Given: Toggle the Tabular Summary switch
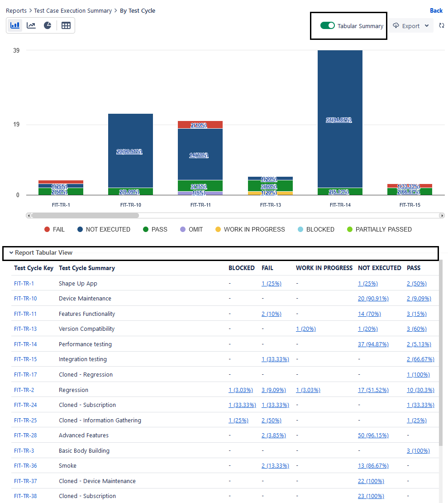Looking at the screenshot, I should click(327, 26).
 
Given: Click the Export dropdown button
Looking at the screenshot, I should click(411, 26).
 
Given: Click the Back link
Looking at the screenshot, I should click(436, 10).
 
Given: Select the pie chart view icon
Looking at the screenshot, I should click(48, 25).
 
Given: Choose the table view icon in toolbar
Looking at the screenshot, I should click(66, 25).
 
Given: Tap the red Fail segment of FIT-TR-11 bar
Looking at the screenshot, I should click(200, 125).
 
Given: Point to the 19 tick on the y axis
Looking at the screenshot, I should click(16, 125).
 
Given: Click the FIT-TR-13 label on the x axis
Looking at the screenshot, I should click(271, 205).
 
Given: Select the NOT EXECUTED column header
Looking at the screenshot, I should click(379, 268).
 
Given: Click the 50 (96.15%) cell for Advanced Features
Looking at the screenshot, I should click(373, 435).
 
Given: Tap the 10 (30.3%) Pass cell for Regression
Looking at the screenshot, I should click(420, 390).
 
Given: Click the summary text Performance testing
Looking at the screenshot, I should click(85, 344).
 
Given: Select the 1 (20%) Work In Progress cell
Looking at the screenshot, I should click(305, 329).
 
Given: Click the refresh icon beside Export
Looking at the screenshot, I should click(442, 26).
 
